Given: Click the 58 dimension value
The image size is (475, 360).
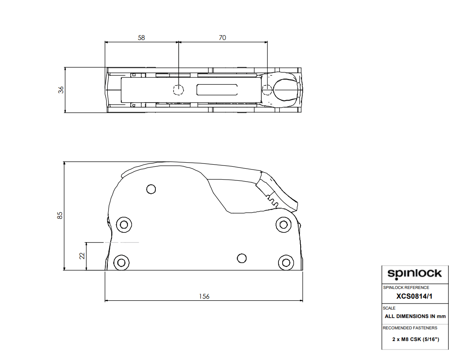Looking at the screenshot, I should (141, 38).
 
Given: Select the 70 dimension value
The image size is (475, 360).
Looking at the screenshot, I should (222, 38).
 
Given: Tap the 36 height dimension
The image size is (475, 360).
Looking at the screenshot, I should (61, 90).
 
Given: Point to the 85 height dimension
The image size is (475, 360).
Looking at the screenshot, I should (60, 215).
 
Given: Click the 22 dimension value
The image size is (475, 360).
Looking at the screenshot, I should (82, 256).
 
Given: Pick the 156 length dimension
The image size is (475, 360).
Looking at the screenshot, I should (204, 296).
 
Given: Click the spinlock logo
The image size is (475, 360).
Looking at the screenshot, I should (414, 274).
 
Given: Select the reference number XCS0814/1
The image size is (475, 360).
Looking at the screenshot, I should (414, 296).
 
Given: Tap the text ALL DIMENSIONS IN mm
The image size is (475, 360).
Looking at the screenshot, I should (415, 316).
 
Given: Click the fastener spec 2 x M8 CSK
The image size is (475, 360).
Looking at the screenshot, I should (415, 339).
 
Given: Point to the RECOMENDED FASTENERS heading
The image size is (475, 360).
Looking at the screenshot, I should (410, 328).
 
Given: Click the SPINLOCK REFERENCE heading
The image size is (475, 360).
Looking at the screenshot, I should (406, 288).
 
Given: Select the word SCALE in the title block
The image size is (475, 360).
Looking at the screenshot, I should (389, 308).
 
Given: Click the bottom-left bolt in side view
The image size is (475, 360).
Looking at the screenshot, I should (120, 262).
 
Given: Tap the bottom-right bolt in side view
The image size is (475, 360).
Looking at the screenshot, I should (286, 262).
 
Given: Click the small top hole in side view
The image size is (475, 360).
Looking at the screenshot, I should (151, 189).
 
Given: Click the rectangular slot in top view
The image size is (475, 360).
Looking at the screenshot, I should (216, 90).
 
